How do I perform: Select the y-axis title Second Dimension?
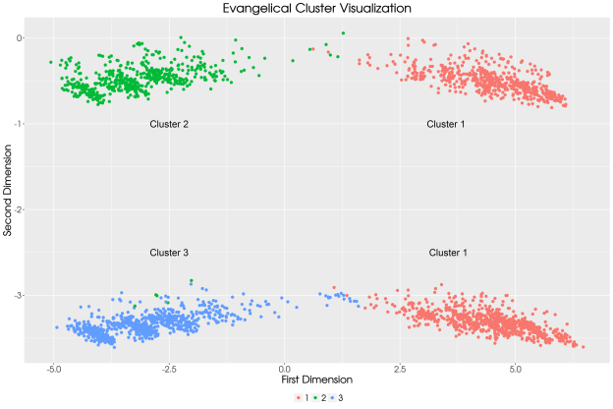(8, 192)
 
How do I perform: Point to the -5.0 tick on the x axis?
(53, 369)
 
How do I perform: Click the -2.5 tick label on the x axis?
(168, 369)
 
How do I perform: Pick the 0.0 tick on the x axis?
(285, 369)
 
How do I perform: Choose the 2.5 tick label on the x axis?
(400, 369)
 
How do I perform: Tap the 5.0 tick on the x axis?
(516, 369)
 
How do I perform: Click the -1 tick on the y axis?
(19, 124)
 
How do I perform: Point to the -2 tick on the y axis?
(19, 209)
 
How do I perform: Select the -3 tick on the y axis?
(19, 296)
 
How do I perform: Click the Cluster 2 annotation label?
(169, 125)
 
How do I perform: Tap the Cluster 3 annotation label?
(169, 253)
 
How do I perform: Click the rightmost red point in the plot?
(583, 346)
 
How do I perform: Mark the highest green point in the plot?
(343, 33)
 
